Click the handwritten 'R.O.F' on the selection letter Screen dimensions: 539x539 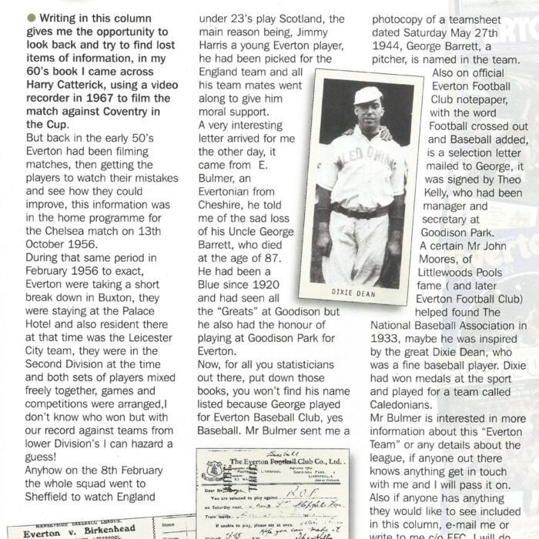(x=309, y=489)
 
